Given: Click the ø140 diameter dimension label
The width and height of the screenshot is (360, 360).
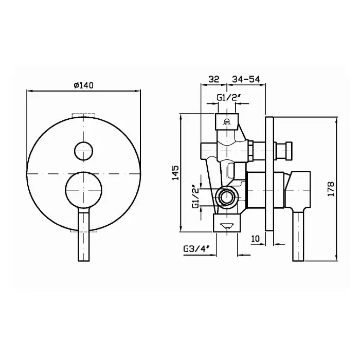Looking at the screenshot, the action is coord(84,85).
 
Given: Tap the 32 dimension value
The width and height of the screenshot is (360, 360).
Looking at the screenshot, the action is coord(214,79).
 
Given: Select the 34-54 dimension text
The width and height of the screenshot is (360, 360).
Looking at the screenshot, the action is coord(246,79).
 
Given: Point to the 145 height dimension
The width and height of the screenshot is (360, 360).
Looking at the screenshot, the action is coord(175,173).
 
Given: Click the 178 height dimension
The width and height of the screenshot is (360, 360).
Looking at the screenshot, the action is coord(331,189).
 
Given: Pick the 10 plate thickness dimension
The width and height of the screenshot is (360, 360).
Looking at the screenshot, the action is coord(255,239).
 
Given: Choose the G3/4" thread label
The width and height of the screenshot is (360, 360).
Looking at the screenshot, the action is coord(196,249).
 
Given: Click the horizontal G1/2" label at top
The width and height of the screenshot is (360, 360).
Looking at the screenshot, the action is coord(228,98).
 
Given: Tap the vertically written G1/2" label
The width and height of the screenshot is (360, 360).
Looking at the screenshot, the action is coord(195,196).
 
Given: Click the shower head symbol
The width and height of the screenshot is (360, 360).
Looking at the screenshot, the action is coord(227,122).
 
